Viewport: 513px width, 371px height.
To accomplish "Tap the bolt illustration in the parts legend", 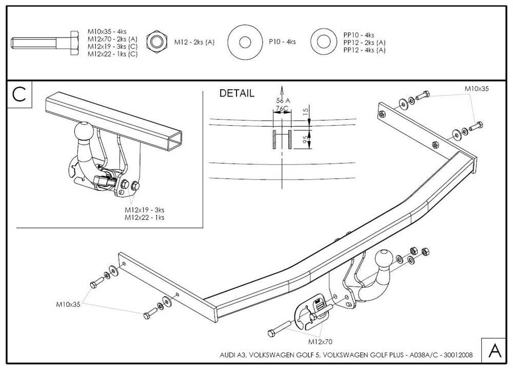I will (46, 41).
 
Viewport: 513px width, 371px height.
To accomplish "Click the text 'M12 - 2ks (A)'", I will (194, 42).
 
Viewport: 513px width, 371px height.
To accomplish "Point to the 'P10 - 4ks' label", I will (282, 42).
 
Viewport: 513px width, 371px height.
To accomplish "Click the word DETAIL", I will (236, 93).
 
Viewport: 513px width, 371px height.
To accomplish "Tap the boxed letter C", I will (19, 95).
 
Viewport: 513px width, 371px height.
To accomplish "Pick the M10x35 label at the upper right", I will (477, 88).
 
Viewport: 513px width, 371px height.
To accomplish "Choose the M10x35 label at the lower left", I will (68, 304).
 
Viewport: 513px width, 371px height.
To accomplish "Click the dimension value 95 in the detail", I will (305, 139).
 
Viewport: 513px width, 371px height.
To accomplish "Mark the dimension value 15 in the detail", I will (305, 111).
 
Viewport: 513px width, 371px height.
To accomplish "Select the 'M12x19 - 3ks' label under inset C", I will (145, 209).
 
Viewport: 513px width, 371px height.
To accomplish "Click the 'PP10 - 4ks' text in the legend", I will (359, 35).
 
